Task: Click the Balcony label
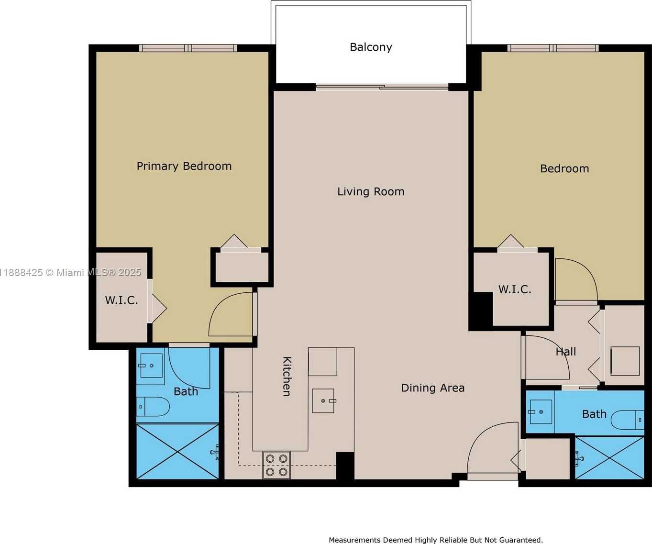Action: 371,47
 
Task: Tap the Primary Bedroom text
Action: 184,166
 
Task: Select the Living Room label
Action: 371,191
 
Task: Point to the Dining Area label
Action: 433,388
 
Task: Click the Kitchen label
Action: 287,377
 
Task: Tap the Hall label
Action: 566,352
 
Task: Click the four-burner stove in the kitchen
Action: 276,465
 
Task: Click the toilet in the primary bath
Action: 153,407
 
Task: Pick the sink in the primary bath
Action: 151,366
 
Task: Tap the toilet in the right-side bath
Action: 627,420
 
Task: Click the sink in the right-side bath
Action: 540,412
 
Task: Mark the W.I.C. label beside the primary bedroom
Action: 122,300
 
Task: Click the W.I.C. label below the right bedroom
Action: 515,289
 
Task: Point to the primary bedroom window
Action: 188,48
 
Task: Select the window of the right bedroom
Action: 553,48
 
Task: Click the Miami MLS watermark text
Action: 71,273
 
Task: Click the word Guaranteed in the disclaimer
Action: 521,540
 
